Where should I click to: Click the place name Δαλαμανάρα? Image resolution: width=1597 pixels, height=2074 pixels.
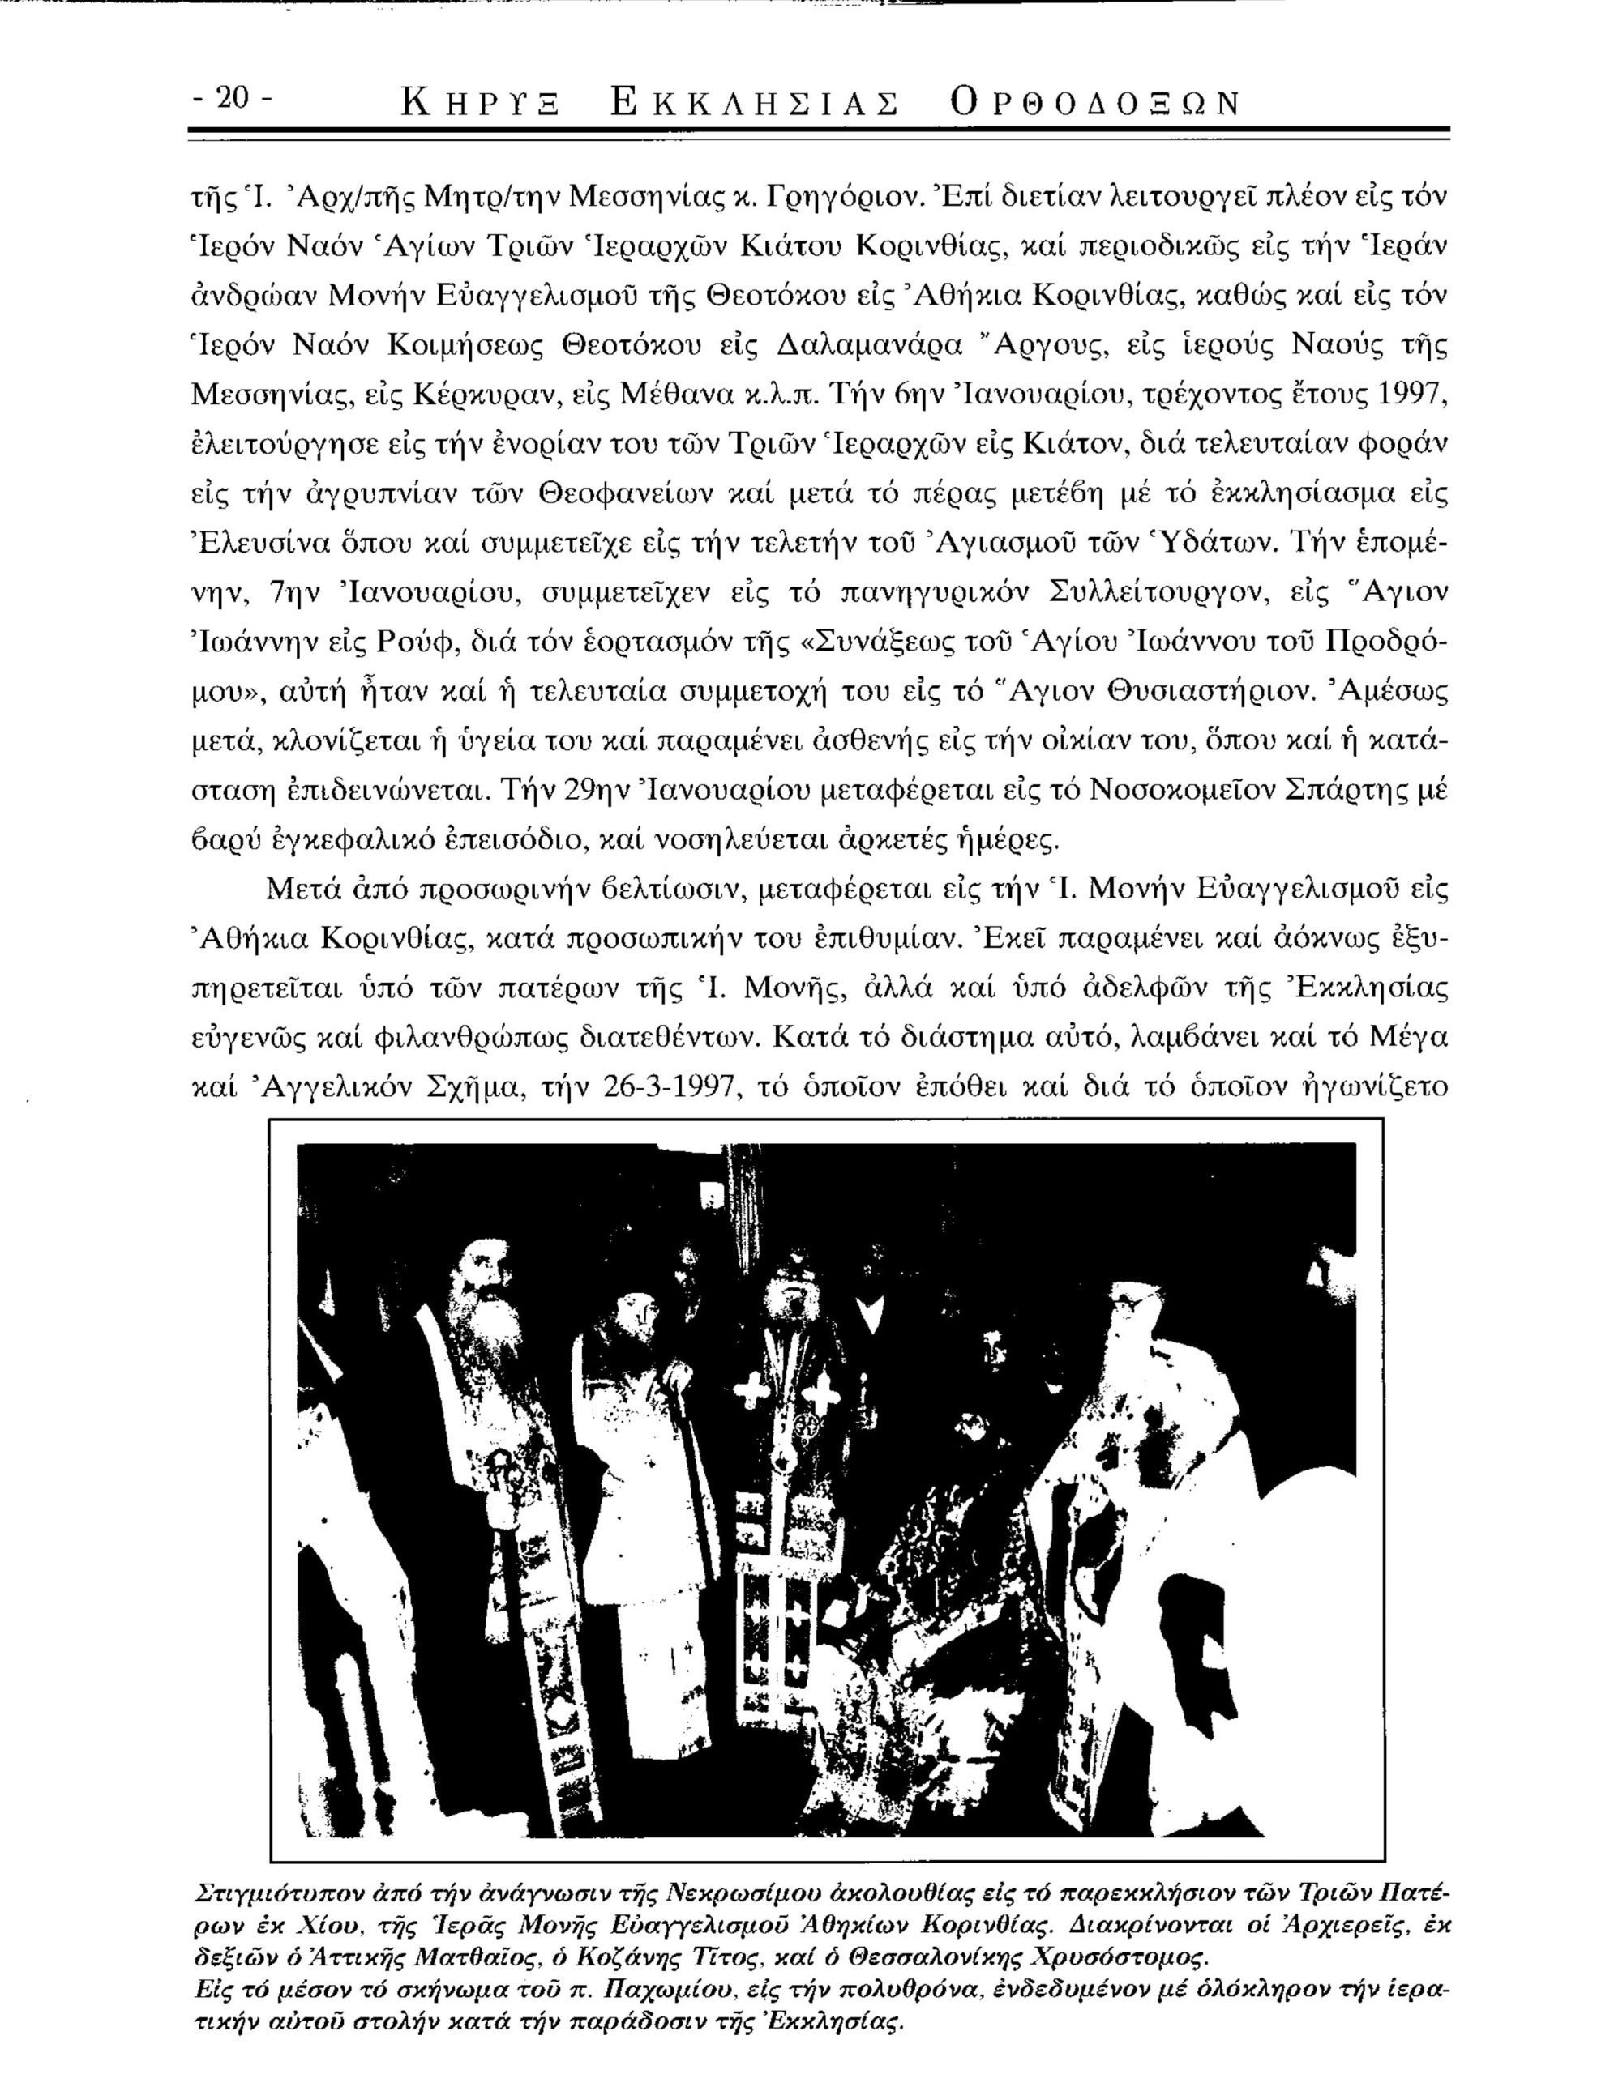click(x=871, y=344)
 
